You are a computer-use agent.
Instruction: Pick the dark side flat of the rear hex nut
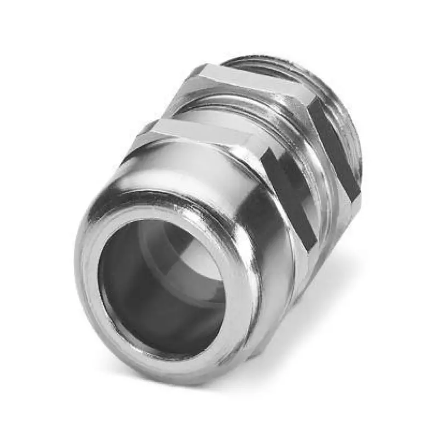(x=334, y=148)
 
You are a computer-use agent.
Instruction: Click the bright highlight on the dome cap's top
(x=159, y=170)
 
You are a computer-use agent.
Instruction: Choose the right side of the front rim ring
(x=241, y=307)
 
